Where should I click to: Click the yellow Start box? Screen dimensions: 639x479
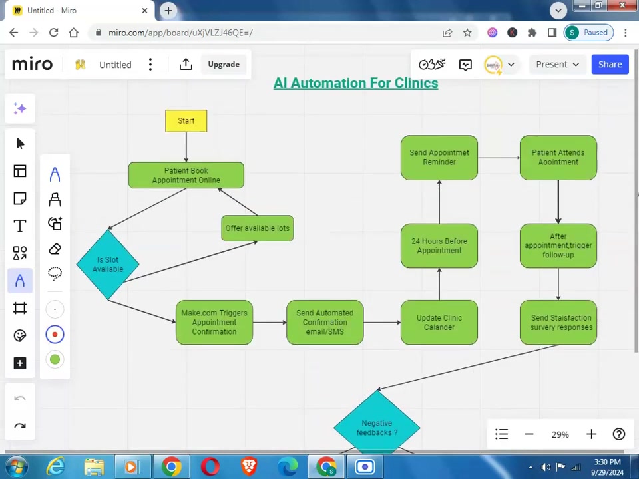[186, 121]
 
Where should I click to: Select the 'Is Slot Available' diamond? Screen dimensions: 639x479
[108, 265]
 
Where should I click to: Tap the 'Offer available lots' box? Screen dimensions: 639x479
[258, 228]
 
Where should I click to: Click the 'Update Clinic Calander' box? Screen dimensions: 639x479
[439, 323]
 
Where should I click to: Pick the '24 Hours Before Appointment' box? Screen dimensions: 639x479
[439, 245]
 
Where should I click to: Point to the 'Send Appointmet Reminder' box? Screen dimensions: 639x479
[439, 158]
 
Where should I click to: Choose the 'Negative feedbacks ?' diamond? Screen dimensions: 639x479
[377, 424]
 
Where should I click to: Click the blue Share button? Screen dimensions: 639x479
[610, 65]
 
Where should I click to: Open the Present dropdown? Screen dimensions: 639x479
[558, 65]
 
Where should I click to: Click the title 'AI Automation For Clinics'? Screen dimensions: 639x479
[355, 83]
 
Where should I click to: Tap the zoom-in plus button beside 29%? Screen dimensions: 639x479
[591, 434]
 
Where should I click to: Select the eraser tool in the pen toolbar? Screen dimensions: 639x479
[55, 249]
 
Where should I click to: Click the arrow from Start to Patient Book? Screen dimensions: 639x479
[186, 147]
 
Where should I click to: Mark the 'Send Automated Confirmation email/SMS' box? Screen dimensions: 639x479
[325, 323]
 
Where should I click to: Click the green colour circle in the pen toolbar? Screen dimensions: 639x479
[55, 359]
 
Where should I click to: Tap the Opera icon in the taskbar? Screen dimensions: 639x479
[210, 467]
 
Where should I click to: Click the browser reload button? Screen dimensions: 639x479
[54, 33]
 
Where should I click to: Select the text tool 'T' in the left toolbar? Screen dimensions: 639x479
[20, 226]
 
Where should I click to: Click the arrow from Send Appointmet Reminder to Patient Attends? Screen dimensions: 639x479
[499, 158]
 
